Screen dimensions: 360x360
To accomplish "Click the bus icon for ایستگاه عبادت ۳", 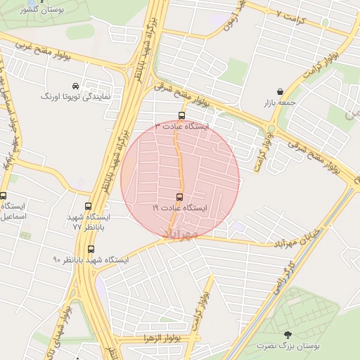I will pyautogui.click(x=182, y=116).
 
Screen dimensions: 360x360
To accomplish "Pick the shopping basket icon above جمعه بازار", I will pyautogui.click(x=281, y=91).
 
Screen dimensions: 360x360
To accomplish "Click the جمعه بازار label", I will pyautogui.click(x=281, y=103).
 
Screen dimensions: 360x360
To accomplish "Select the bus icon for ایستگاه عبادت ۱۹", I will pyautogui.click(x=179, y=197).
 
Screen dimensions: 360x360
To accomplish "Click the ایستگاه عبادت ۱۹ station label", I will pyautogui.click(x=180, y=208).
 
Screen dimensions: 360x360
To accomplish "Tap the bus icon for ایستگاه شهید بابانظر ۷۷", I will pyautogui.click(x=88, y=207).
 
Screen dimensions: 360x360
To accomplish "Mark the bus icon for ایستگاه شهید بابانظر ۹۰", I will pyautogui.click(x=91, y=249).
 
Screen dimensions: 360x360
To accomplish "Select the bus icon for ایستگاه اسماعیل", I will pyautogui.click(x=4, y=195).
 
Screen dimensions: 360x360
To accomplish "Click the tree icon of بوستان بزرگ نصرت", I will pyautogui.click(x=287, y=335).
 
